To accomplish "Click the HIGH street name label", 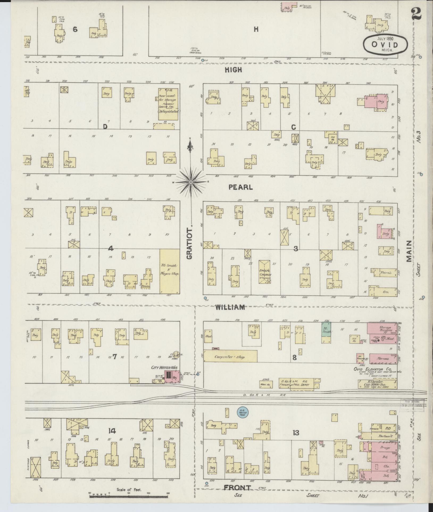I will (233, 70).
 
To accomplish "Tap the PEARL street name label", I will (240, 187).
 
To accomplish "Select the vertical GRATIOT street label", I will (190, 243).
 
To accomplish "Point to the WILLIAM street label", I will (230, 307).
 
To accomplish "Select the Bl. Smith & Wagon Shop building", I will (169, 271).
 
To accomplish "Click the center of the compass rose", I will (191, 182).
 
